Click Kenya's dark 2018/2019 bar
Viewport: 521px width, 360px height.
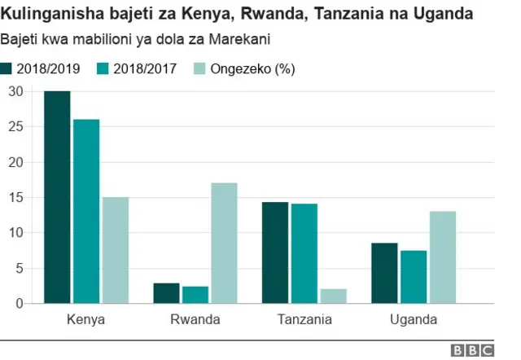pos(57,197)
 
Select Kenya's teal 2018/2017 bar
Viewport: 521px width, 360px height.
pos(86,212)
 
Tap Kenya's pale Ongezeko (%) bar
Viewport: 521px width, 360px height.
pos(115,250)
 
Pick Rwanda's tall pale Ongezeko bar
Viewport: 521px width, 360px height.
pos(224,243)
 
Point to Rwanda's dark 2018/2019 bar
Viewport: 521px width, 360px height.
pos(166,293)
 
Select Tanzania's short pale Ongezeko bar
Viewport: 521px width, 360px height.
pos(333,296)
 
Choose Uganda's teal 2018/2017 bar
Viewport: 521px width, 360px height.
pos(414,277)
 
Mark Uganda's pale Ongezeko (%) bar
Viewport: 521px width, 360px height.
pos(443,257)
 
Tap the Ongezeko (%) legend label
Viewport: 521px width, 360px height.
pos(252,68)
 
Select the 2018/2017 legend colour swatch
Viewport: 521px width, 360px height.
pos(103,68)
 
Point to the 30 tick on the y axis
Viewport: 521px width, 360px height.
pos(15,91)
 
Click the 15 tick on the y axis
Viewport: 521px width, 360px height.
pos(15,197)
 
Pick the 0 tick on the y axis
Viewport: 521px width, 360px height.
pos(19,303)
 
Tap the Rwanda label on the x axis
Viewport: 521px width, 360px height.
pos(195,319)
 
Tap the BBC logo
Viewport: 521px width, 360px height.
pos(473,350)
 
